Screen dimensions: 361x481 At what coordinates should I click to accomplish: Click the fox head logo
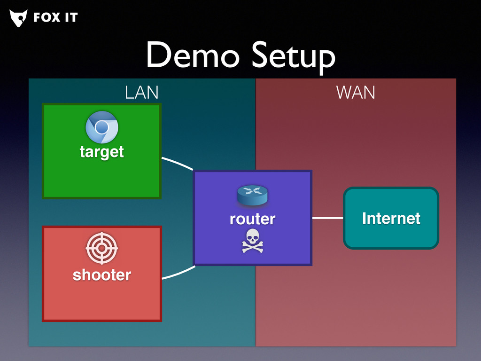click(18, 18)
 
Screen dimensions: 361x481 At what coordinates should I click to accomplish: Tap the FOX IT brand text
click(55, 18)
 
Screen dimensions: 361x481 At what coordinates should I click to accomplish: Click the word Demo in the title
click(193, 55)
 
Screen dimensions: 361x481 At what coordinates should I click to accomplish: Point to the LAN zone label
click(141, 93)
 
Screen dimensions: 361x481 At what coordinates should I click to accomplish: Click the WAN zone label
click(356, 93)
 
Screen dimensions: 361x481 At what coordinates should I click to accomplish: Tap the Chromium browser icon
click(102, 127)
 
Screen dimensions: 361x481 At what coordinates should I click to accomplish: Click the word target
click(102, 152)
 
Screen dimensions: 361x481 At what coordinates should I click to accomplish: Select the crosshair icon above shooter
click(102, 249)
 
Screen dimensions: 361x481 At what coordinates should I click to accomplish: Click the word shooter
click(102, 275)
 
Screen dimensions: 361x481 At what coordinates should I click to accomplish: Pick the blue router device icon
click(252, 195)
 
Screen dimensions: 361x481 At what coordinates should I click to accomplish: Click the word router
click(252, 219)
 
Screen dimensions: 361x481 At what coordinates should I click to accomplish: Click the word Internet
click(391, 218)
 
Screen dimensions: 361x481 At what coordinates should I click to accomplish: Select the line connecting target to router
click(177, 163)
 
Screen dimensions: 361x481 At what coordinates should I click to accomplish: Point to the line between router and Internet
click(327, 218)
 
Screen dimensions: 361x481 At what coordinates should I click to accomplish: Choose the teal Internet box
click(391, 235)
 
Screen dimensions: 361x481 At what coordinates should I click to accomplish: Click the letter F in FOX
click(38, 18)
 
